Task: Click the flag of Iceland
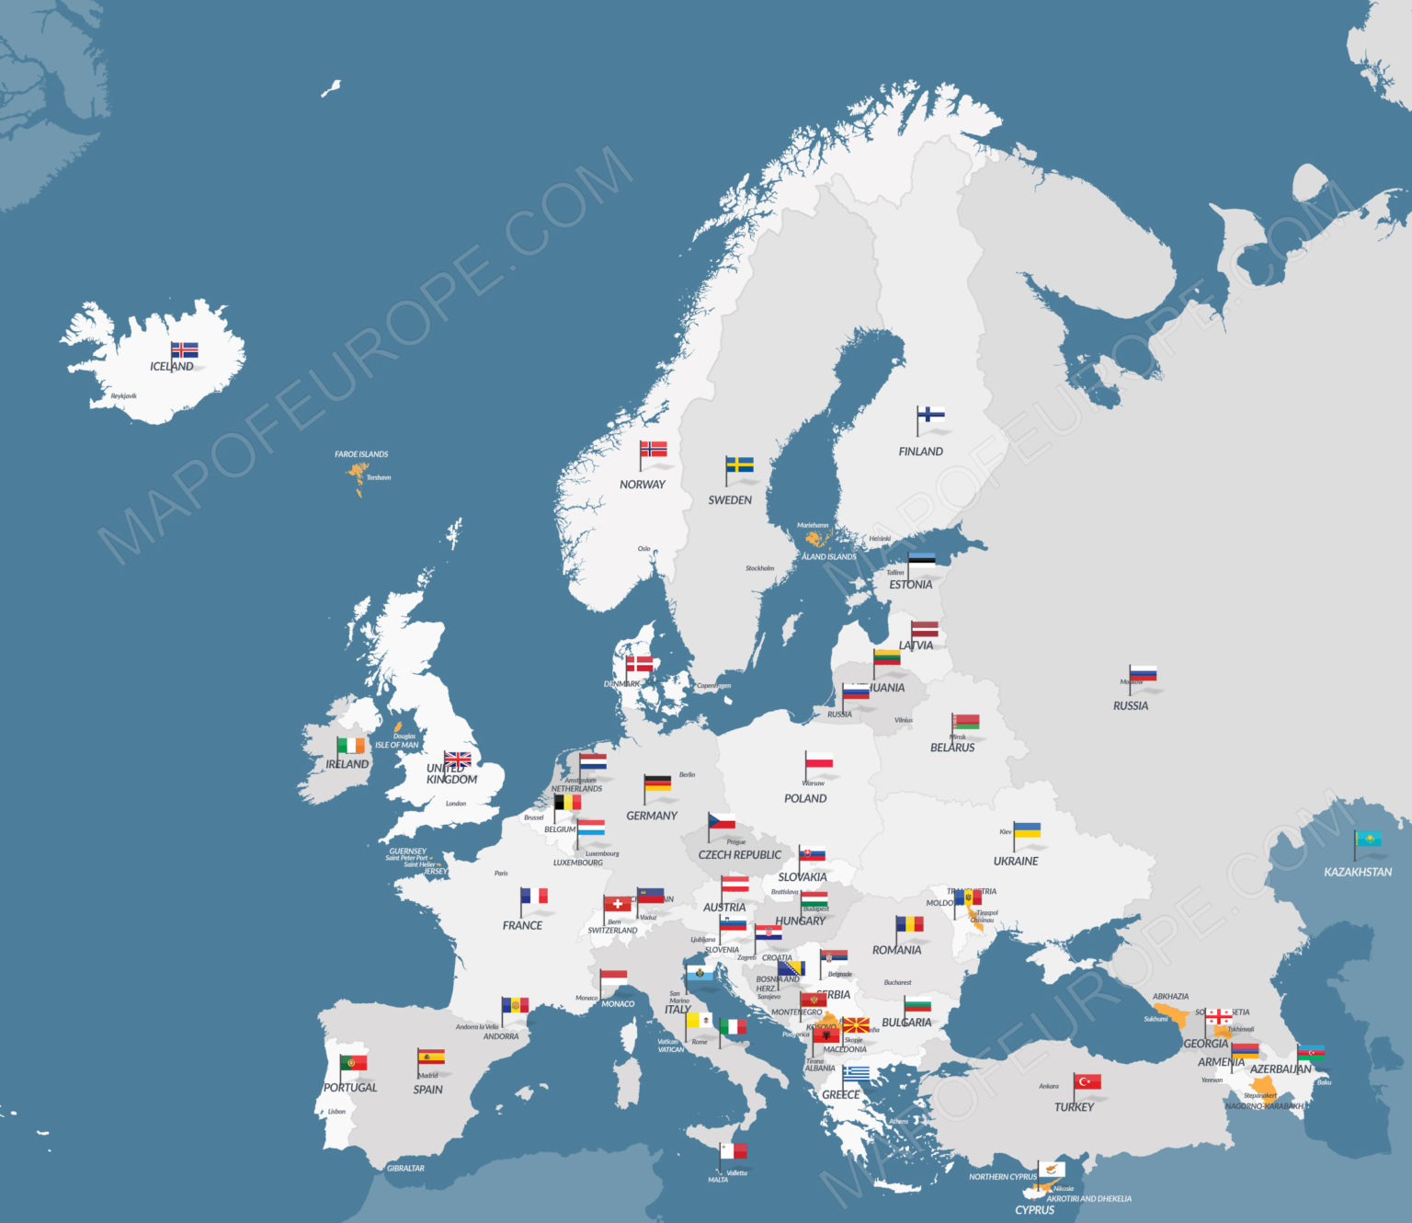(x=185, y=349)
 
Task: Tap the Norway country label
(x=642, y=485)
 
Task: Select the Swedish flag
(x=740, y=464)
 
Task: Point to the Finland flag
(x=931, y=415)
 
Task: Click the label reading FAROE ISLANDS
(x=361, y=454)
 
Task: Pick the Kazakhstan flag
(x=1368, y=839)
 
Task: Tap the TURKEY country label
(x=1074, y=1107)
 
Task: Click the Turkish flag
(x=1087, y=1081)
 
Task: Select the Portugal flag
(x=353, y=1063)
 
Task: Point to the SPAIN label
(x=427, y=1090)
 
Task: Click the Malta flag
(x=734, y=1151)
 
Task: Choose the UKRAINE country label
(x=1016, y=862)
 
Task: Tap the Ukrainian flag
(x=1027, y=830)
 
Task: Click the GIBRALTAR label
(x=405, y=1169)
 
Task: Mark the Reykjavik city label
(x=123, y=396)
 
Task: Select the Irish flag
(x=350, y=746)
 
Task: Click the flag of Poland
(x=819, y=761)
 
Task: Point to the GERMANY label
(x=651, y=816)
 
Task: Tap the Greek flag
(x=856, y=1074)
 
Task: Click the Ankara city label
(x=1048, y=1086)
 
